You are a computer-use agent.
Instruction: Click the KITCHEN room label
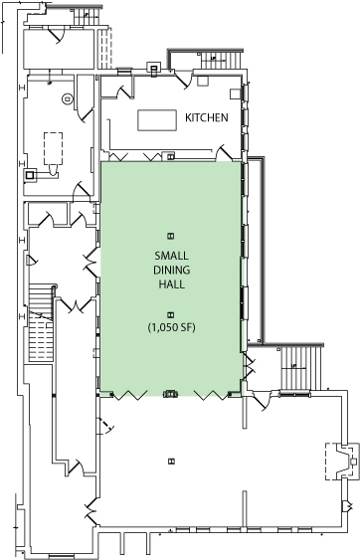tap(207, 117)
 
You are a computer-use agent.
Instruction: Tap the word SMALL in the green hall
tap(170, 257)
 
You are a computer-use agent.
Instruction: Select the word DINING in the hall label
tap(170, 271)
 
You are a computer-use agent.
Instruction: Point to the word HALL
tap(170, 284)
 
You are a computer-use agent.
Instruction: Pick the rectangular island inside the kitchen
tap(155, 119)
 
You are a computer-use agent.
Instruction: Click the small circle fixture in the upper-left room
tap(67, 97)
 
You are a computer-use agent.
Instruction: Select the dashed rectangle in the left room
tap(52, 148)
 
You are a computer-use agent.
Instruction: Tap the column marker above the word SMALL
tap(170, 235)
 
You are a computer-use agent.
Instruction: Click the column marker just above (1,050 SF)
tap(170, 313)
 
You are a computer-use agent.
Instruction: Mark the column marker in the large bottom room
tap(171, 460)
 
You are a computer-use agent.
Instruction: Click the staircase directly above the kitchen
tap(214, 60)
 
